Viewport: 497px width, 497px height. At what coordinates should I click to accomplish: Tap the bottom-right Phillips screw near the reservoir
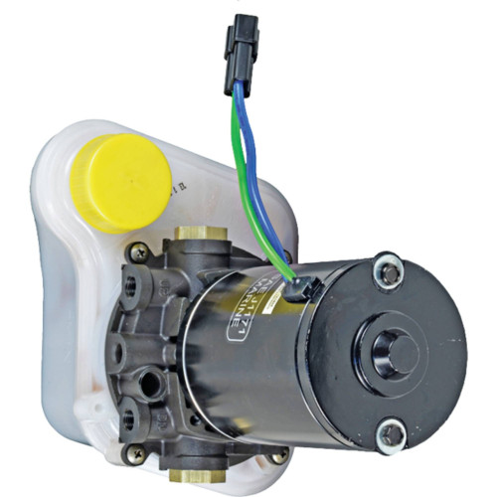click(x=279, y=455)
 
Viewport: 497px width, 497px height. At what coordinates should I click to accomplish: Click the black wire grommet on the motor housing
click(x=298, y=289)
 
